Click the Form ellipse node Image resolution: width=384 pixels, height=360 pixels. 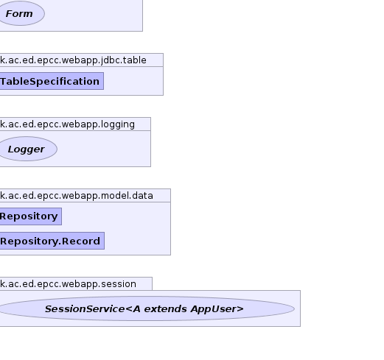[21, 13]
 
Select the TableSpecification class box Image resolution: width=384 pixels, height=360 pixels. [52, 81]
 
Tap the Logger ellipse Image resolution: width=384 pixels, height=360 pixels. [28, 149]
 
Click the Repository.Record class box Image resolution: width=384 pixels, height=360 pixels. [52, 241]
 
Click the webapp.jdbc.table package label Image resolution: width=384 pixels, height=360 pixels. [73, 60]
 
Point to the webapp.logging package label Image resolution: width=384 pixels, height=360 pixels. [67, 124]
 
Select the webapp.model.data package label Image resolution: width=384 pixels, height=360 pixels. [77, 196]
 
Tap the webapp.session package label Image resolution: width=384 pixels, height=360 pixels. [68, 284]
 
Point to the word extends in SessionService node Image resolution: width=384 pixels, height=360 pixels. [165, 308]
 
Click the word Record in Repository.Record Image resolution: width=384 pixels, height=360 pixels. [81, 241]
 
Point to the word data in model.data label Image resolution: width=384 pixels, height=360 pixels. [142, 196]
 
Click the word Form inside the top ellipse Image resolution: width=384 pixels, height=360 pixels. [19, 14]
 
